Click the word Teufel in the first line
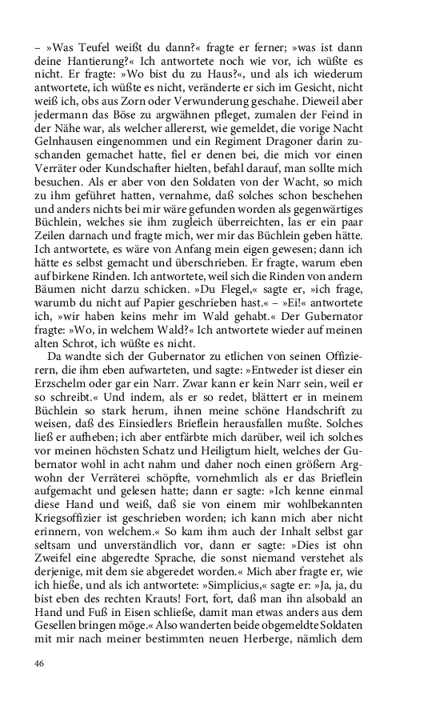point(89,48)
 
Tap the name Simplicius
point(259,578)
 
